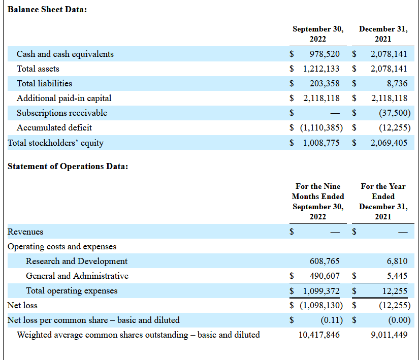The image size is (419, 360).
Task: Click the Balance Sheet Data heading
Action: (47, 9)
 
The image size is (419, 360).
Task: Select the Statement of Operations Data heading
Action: (68, 166)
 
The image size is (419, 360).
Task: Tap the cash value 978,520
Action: (325, 54)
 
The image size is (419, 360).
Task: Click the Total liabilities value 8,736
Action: (397, 83)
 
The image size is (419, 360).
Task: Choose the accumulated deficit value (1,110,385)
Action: (321, 127)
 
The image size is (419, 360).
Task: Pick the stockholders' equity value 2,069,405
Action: (389, 143)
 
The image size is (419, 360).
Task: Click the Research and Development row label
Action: (77, 261)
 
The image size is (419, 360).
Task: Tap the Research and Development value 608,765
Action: (325, 261)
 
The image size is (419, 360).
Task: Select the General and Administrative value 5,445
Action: (397, 276)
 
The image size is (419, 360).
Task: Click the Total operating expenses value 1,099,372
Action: (321, 291)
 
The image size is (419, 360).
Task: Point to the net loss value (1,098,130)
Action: (321, 305)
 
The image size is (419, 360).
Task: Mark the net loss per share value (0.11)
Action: (332, 320)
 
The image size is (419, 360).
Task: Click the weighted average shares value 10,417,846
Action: (319, 335)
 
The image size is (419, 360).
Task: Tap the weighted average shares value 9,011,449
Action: (389, 335)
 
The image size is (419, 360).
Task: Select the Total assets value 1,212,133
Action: (321, 69)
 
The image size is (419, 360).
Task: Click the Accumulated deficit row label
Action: (54, 127)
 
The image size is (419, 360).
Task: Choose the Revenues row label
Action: (25, 232)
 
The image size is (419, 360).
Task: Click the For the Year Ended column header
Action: (383, 191)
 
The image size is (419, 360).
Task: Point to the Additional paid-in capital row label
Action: (64, 99)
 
